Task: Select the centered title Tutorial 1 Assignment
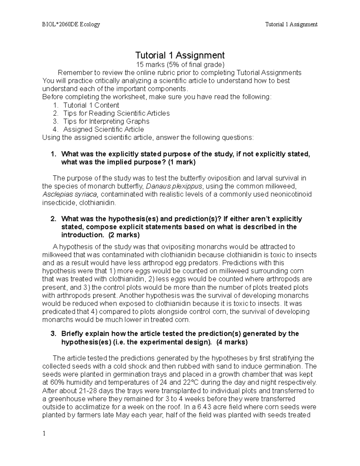click(x=180, y=56)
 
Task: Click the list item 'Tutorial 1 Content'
click(x=91, y=105)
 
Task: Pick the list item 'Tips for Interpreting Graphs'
click(x=106, y=122)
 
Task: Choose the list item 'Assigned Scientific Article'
click(x=103, y=130)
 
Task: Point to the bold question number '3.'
click(x=53, y=334)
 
